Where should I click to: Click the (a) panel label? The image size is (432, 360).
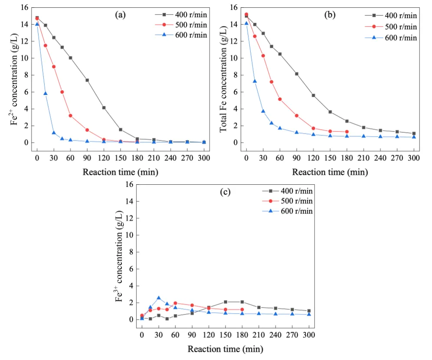pyautogui.click(x=120, y=15)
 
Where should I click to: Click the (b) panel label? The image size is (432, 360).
pyautogui.click(x=330, y=15)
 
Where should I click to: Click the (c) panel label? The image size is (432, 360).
pyautogui.click(x=225, y=191)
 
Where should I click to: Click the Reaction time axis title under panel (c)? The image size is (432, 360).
pyautogui.click(x=225, y=349)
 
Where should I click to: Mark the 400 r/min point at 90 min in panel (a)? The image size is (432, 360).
pyautogui.click(x=87, y=80)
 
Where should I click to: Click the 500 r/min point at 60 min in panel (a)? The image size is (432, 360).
pyautogui.click(x=70, y=116)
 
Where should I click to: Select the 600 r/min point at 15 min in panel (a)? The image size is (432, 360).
pyautogui.click(x=45, y=94)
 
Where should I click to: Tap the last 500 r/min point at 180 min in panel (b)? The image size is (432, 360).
pyautogui.click(x=347, y=132)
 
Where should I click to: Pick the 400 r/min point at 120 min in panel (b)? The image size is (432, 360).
pyautogui.click(x=313, y=95)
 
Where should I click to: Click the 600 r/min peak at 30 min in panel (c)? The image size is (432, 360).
pyautogui.click(x=159, y=298)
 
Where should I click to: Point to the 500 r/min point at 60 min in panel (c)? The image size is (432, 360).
pyautogui.click(x=175, y=303)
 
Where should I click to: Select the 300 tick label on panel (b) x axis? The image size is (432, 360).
pyautogui.click(x=414, y=158)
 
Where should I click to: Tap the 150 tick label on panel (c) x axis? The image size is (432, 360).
pyautogui.click(x=225, y=335)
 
